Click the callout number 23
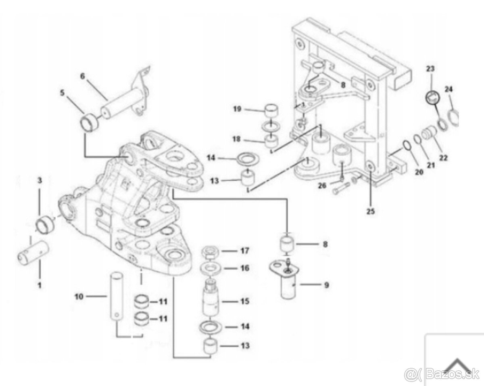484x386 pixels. click(x=430, y=69)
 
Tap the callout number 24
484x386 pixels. click(x=448, y=89)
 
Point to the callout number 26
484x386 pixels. click(x=322, y=186)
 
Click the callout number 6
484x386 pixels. click(x=83, y=76)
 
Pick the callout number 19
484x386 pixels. click(x=237, y=109)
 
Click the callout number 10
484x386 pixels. click(x=79, y=297)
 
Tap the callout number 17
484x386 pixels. click(x=245, y=250)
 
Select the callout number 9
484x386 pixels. click(x=327, y=285)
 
